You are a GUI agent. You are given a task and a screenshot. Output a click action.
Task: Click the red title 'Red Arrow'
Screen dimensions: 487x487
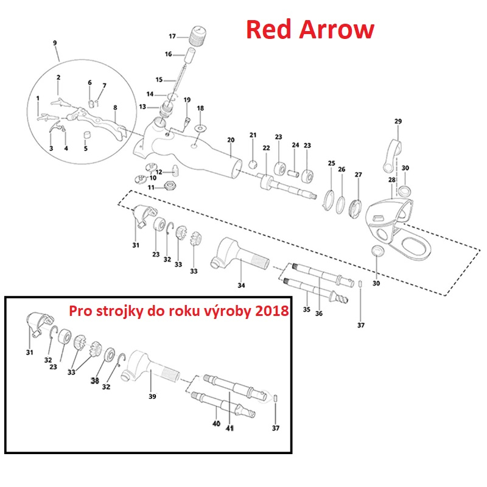310,29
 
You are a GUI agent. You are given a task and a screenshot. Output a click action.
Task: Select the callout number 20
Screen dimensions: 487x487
231,140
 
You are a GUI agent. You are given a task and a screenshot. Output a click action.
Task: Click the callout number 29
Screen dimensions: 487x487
398,122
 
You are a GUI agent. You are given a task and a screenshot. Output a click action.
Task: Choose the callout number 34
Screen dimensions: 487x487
241,285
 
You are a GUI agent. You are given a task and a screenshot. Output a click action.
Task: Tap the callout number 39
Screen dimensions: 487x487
152,397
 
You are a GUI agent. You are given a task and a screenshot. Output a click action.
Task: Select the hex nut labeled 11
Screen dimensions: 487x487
172,186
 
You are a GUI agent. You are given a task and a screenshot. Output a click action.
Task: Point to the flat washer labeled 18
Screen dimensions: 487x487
200,130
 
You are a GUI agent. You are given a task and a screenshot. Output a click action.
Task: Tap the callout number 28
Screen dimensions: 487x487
391,180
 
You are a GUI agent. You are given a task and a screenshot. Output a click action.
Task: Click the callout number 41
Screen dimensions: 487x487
229,429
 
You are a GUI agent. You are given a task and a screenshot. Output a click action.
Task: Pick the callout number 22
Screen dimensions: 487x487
266,148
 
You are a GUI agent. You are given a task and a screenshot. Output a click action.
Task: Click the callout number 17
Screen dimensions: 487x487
172,37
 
